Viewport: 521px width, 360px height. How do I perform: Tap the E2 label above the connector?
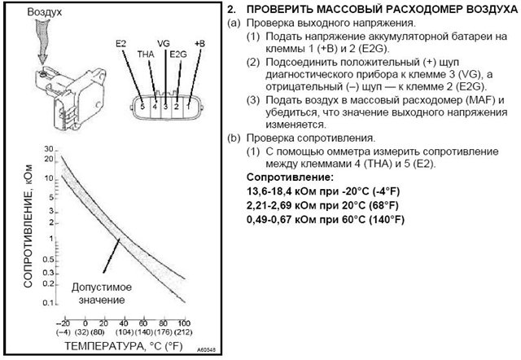[x=123, y=42]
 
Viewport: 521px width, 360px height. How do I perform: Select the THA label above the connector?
[x=146, y=54]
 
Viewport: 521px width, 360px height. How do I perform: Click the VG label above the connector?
[x=164, y=42]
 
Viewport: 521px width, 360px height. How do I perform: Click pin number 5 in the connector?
[x=142, y=106]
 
